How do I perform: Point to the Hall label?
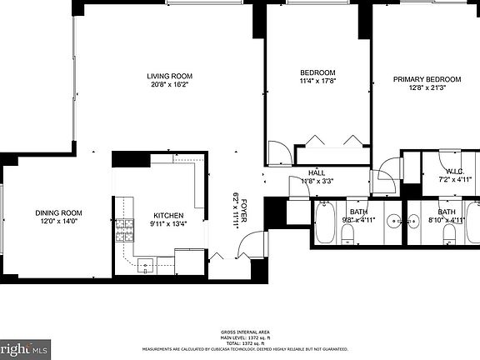point(317,172)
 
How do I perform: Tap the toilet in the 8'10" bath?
point(449,233)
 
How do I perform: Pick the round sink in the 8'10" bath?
point(414,221)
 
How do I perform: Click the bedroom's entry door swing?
point(279,152)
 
